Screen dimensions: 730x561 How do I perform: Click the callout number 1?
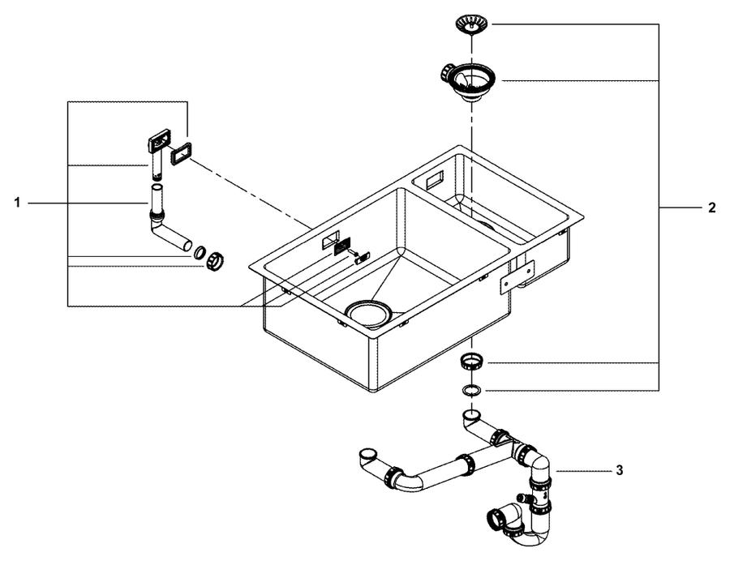[17, 203]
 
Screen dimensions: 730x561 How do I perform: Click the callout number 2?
[712, 208]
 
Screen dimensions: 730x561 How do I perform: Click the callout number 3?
[619, 470]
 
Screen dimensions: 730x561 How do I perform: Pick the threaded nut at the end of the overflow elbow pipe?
[216, 260]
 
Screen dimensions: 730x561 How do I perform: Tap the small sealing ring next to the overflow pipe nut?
[200, 252]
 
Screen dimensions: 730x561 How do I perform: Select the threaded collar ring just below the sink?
[472, 361]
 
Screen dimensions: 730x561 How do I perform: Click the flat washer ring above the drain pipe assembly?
[472, 390]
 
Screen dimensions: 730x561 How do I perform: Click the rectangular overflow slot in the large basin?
[330, 240]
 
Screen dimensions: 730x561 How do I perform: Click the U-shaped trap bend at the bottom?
[531, 537]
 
